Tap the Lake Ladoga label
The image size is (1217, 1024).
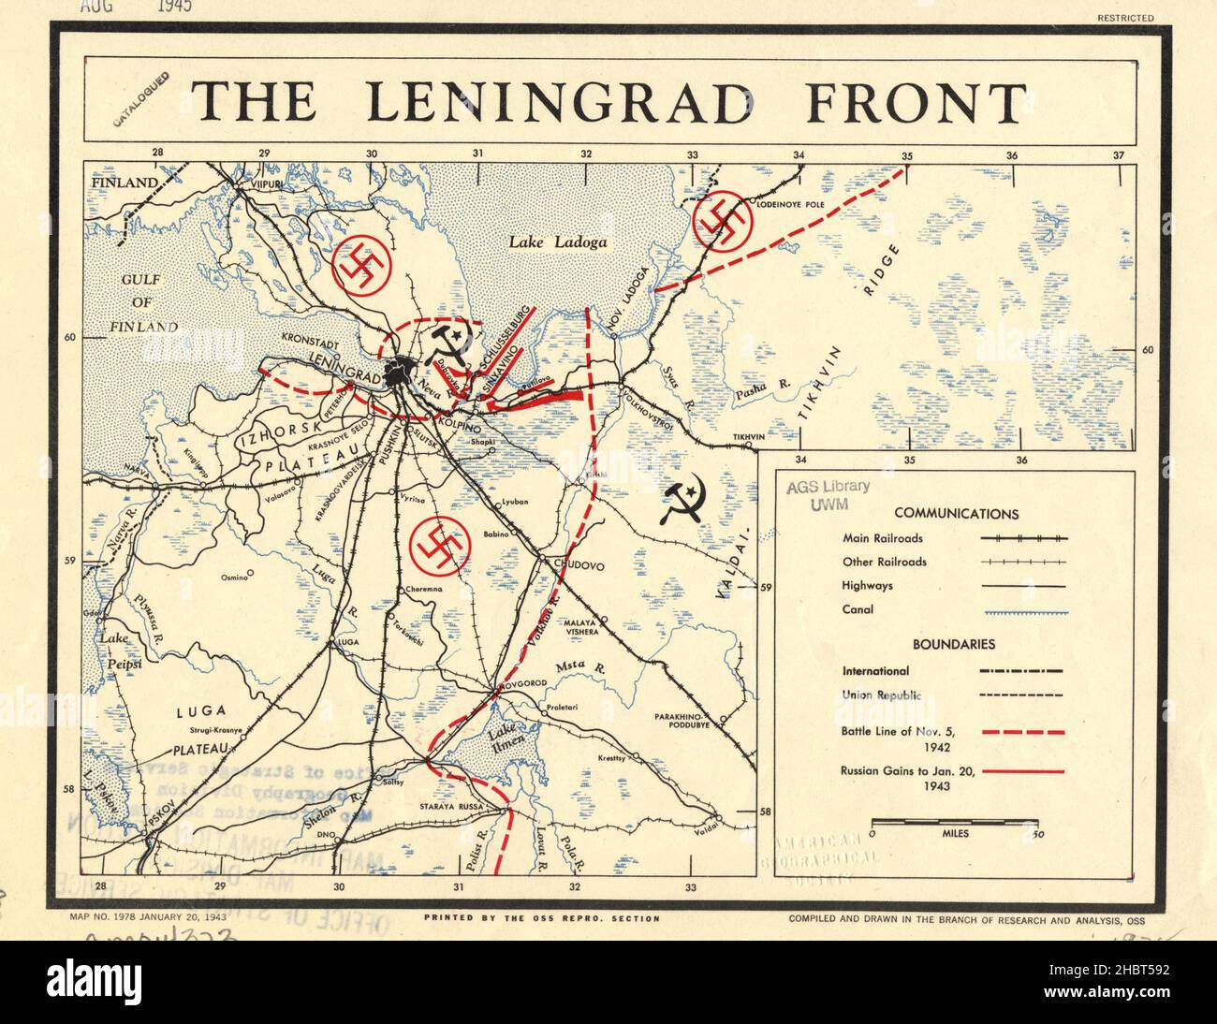[558, 242]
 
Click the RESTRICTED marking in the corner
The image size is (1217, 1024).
[1126, 18]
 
